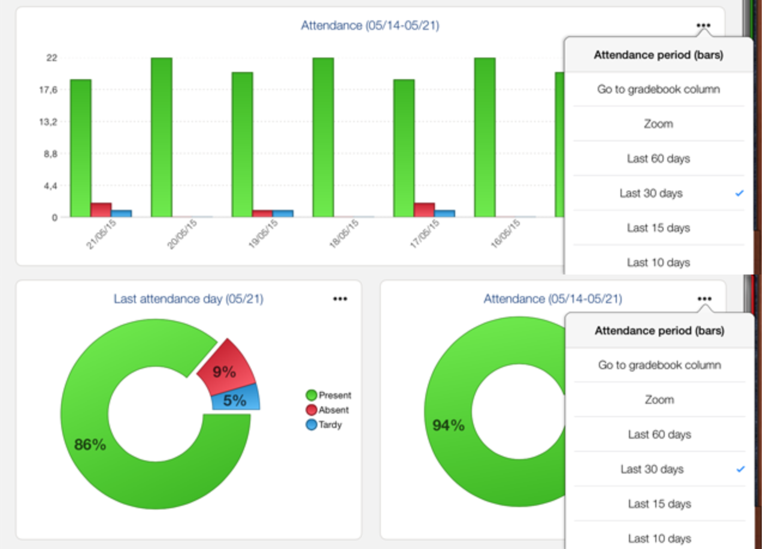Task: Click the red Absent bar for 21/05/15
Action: click(101, 210)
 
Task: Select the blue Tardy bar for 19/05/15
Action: click(283, 213)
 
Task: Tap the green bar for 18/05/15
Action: click(323, 137)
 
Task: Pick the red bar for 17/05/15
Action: click(424, 210)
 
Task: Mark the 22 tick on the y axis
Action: click(52, 58)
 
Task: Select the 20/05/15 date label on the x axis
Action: click(182, 234)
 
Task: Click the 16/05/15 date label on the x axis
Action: click(505, 234)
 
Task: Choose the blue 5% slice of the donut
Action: click(236, 399)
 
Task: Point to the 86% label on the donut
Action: click(90, 445)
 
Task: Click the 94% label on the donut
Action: click(449, 425)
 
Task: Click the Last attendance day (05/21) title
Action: click(188, 298)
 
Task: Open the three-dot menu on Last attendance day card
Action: click(340, 298)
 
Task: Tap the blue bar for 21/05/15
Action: click(121, 213)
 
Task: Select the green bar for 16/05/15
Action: click(485, 137)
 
